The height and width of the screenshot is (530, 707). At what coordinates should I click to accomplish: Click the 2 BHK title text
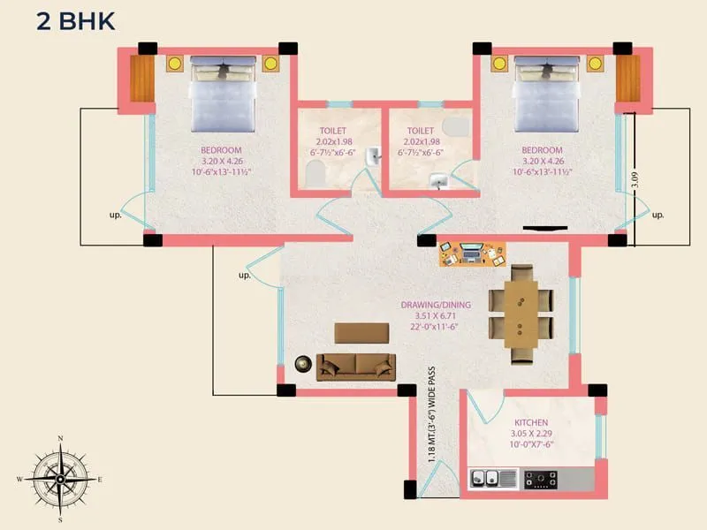click(x=75, y=21)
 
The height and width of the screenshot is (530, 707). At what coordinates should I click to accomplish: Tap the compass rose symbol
click(x=60, y=479)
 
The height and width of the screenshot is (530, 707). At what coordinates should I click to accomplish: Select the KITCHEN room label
click(x=531, y=423)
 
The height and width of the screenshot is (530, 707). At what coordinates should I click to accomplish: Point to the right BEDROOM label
click(x=542, y=150)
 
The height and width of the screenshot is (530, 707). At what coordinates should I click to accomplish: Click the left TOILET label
click(x=332, y=131)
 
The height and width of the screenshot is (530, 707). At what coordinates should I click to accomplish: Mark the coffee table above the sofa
click(x=361, y=332)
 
